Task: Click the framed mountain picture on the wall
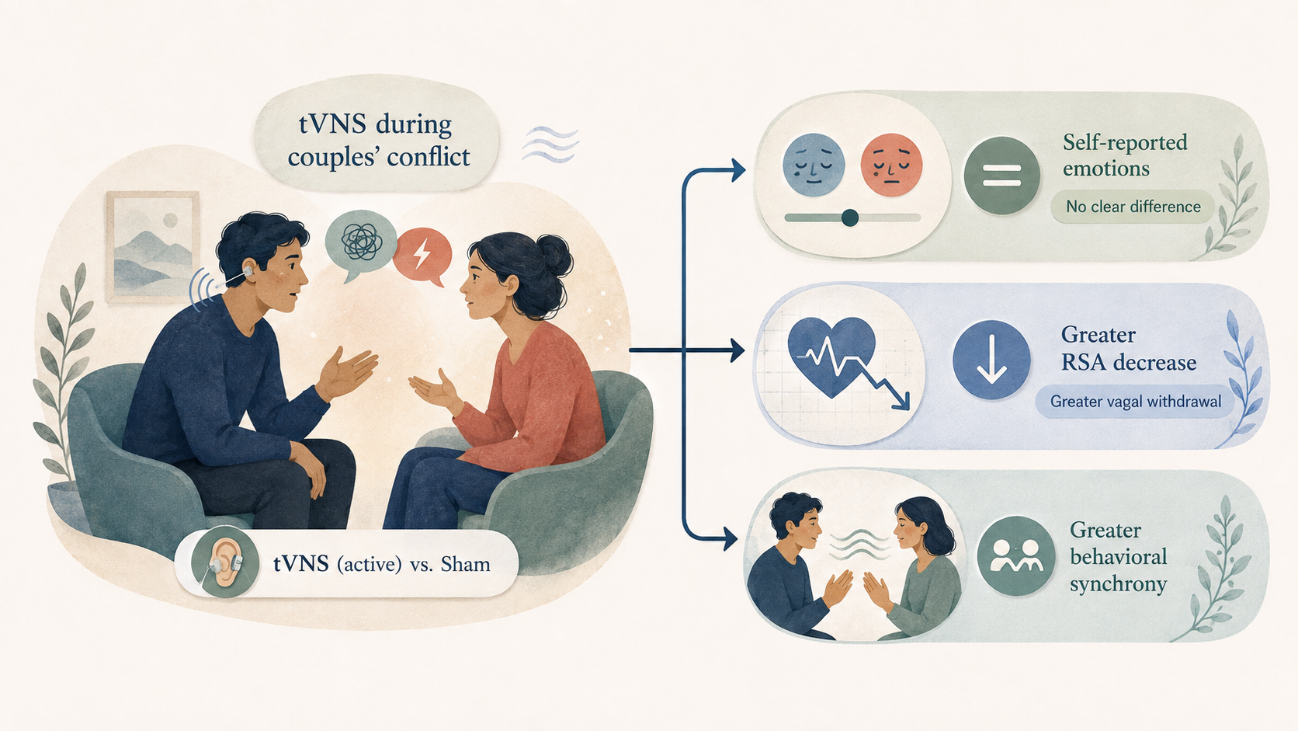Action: (x=152, y=246)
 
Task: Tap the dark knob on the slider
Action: (x=850, y=218)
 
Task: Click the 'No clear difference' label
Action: (x=1133, y=207)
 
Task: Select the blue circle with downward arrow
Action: (x=991, y=360)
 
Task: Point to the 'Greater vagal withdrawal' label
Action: (x=1135, y=401)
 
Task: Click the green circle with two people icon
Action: (x=1015, y=556)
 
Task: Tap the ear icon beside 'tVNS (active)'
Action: (x=225, y=562)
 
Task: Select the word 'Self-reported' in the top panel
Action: (x=1125, y=143)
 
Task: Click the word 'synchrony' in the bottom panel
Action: (x=1119, y=584)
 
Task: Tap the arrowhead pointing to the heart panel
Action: (x=737, y=350)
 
